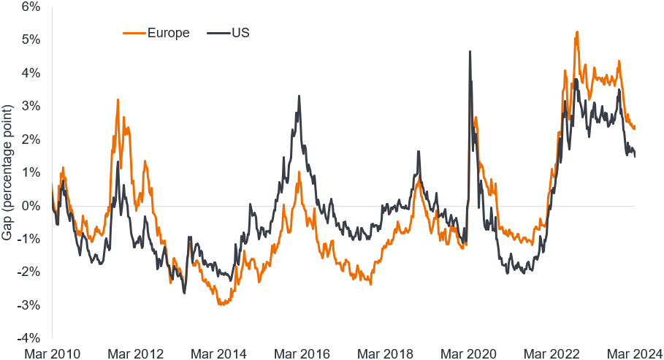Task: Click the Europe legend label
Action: tap(169, 33)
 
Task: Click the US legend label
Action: tap(242, 33)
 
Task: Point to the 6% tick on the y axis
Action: tap(30, 7)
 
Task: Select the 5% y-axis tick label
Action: tap(30, 39)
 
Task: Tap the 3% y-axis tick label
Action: tap(30, 106)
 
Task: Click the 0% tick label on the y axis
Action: tap(30, 206)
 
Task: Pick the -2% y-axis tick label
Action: tap(28, 272)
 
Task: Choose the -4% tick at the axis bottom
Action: tap(28, 338)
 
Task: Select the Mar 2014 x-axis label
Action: tap(218, 353)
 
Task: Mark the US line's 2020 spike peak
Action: tap(470, 51)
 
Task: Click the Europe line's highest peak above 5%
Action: tap(577, 32)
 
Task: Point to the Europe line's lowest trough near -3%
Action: tap(220, 304)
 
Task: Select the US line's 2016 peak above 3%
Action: tap(299, 96)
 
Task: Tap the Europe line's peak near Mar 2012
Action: tap(118, 99)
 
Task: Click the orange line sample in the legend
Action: tap(134, 33)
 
